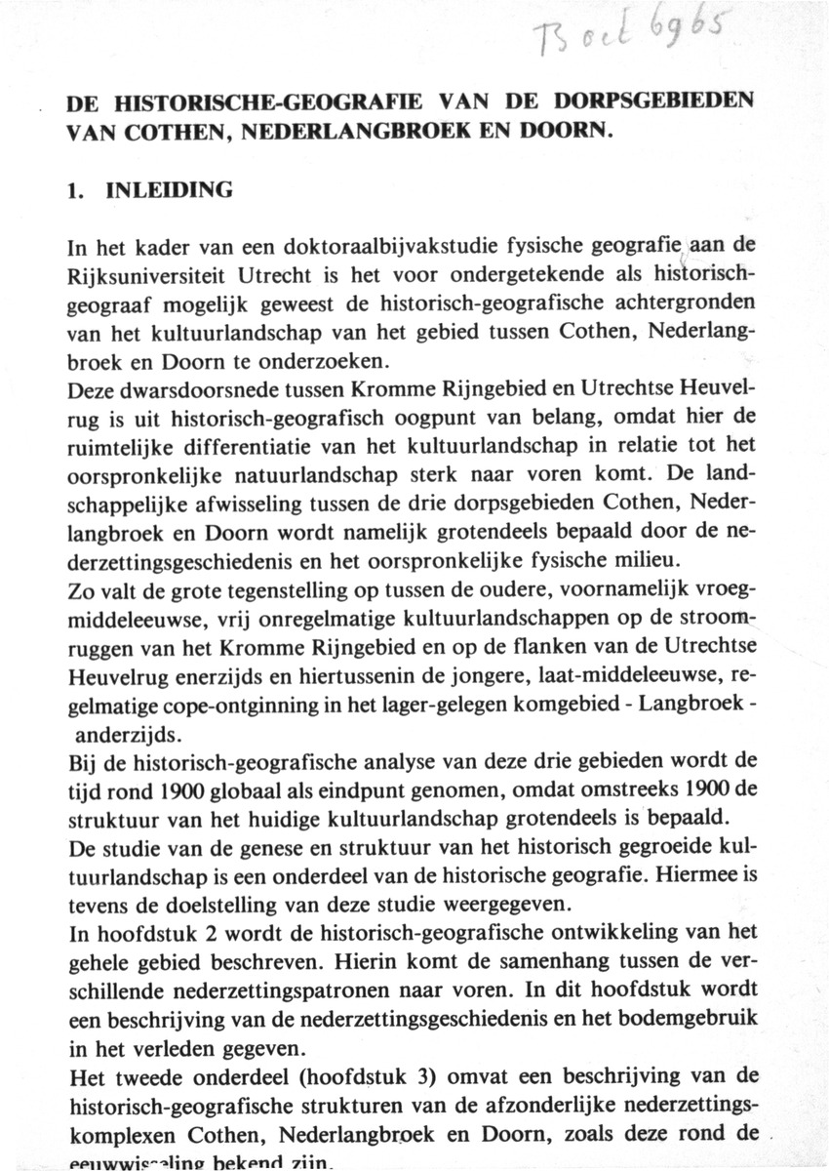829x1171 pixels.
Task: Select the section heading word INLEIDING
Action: tap(173, 190)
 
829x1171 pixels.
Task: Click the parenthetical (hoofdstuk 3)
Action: tap(323, 1071)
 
